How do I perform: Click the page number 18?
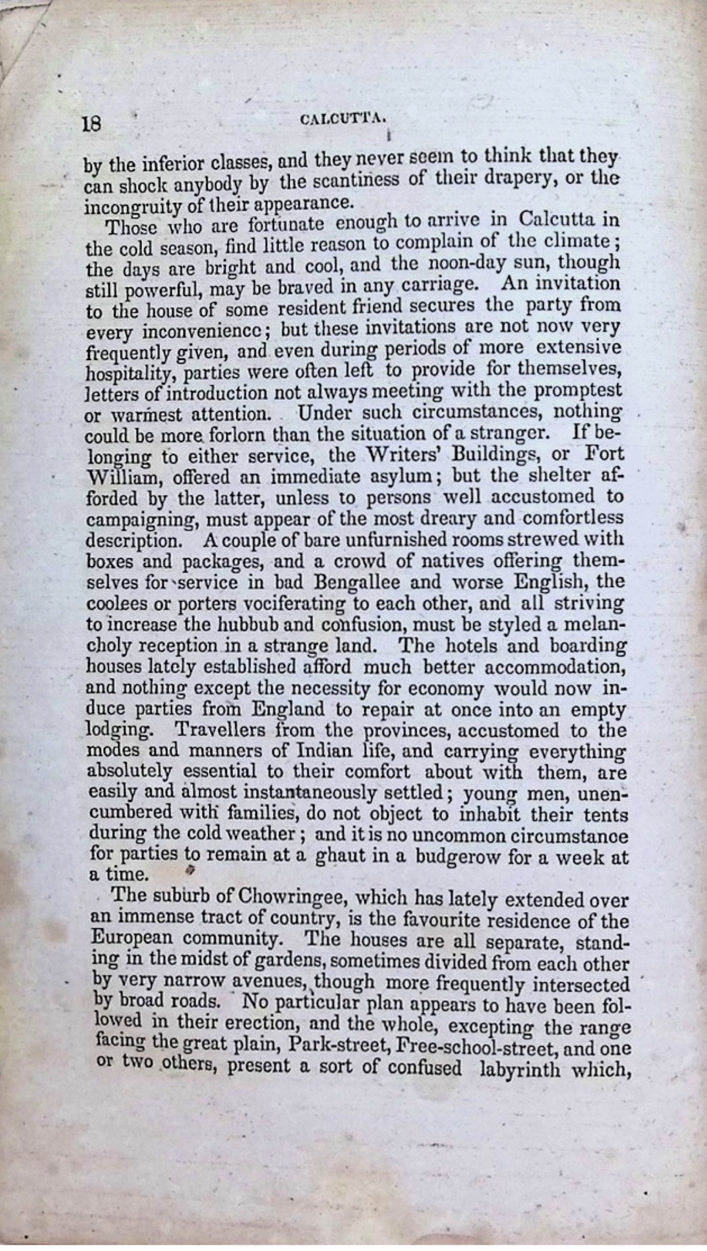(93, 124)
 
